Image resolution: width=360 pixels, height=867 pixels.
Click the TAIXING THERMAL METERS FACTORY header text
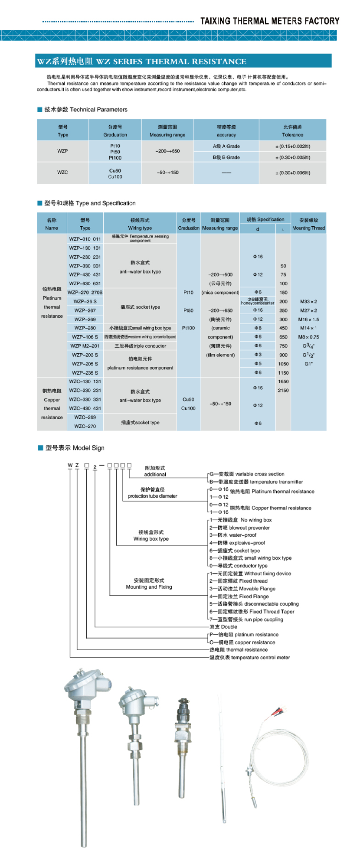tap(269, 21)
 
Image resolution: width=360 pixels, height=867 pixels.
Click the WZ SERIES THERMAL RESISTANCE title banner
tap(142, 62)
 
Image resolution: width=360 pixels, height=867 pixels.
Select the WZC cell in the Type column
tap(62, 173)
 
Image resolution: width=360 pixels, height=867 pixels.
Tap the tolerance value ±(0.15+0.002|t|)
tap(293, 147)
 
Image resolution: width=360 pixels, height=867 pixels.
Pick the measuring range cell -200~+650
tap(167, 151)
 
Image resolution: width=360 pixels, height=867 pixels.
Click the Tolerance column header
tap(293, 131)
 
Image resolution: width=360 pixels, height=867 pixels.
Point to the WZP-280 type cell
tap(85, 328)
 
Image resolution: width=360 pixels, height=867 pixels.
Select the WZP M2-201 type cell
tap(85, 346)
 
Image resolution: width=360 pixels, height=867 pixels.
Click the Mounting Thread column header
tap(308, 224)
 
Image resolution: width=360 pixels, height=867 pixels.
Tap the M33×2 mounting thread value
tap(308, 302)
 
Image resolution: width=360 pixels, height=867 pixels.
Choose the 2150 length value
tap(283, 391)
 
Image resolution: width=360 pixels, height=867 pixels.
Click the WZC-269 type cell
tap(85, 417)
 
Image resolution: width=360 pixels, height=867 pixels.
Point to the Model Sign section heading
tap(75, 448)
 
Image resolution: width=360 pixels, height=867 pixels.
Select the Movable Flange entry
tap(242, 589)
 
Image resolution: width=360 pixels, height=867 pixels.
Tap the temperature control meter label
tap(250, 658)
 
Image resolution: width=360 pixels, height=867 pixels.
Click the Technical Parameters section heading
tap(86, 110)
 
